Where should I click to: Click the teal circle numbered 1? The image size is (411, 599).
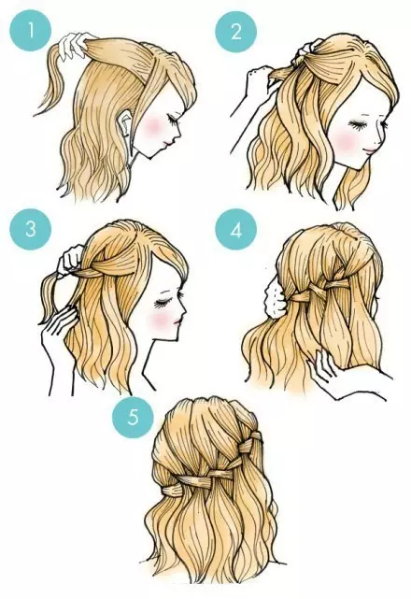pos(31,31)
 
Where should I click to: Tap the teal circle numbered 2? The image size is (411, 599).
pos(236,32)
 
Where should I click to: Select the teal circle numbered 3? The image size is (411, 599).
pos(31,229)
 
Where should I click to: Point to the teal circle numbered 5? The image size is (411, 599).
pos(133,417)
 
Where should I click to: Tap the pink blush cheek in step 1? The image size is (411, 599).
pos(153,127)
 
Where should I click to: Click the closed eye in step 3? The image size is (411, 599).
pos(163,304)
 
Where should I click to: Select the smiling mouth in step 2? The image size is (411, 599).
pos(371,150)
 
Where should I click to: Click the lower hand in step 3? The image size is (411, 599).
pos(57,324)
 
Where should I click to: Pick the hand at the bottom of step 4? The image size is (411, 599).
pos(336,377)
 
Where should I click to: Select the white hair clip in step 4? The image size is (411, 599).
pos(274,295)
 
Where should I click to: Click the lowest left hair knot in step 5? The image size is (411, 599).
pos(173,490)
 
